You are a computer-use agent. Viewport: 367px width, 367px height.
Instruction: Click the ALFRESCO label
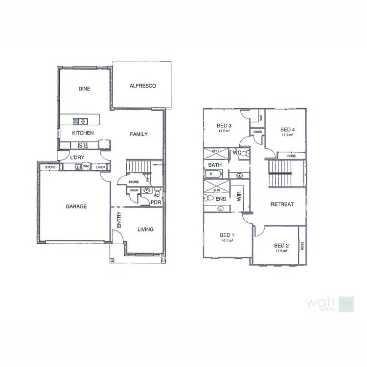(142, 86)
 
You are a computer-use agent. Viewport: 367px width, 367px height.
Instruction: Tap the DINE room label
(84, 89)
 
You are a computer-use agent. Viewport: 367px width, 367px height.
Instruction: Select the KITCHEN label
(83, 133)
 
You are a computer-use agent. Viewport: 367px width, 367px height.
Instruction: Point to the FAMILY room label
(138, 134)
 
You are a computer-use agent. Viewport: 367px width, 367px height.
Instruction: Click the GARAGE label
(76, 206)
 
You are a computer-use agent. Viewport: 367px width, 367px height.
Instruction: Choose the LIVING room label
(145, 229)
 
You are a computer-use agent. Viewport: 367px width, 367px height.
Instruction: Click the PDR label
(156, 202)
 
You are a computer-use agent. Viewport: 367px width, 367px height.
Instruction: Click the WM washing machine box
(86, 167)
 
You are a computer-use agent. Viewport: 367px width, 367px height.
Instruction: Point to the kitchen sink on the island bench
(80, 121)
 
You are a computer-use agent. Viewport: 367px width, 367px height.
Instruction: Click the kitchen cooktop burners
(83, 145)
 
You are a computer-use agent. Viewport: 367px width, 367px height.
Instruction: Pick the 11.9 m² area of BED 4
(287, 135)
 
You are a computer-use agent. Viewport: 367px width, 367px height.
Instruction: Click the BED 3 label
(224, 126)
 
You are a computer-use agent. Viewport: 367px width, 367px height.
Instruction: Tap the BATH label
(215, 165)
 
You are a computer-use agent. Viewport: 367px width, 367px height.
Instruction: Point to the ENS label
(221, 199)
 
